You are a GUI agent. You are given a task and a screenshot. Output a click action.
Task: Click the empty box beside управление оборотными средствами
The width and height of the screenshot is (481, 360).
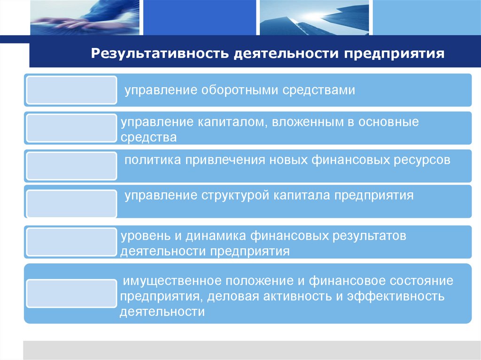tap(71, 90)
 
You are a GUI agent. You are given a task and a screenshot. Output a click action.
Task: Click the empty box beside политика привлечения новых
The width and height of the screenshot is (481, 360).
tap(71, 166)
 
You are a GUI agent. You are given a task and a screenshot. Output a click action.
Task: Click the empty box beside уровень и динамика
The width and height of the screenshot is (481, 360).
tap(71, 242)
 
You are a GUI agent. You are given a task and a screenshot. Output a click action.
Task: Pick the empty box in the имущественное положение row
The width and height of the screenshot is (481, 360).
tap(71, 293)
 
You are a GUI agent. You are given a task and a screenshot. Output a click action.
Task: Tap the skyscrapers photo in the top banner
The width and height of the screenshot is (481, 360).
tap(313, 18)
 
